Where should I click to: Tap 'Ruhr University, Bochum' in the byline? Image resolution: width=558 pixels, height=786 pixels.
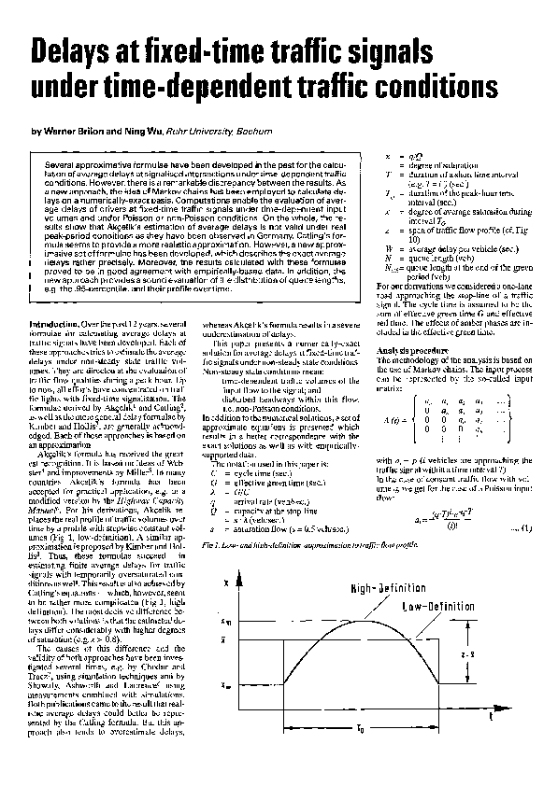pyautogui.click(x=216, y=132)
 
